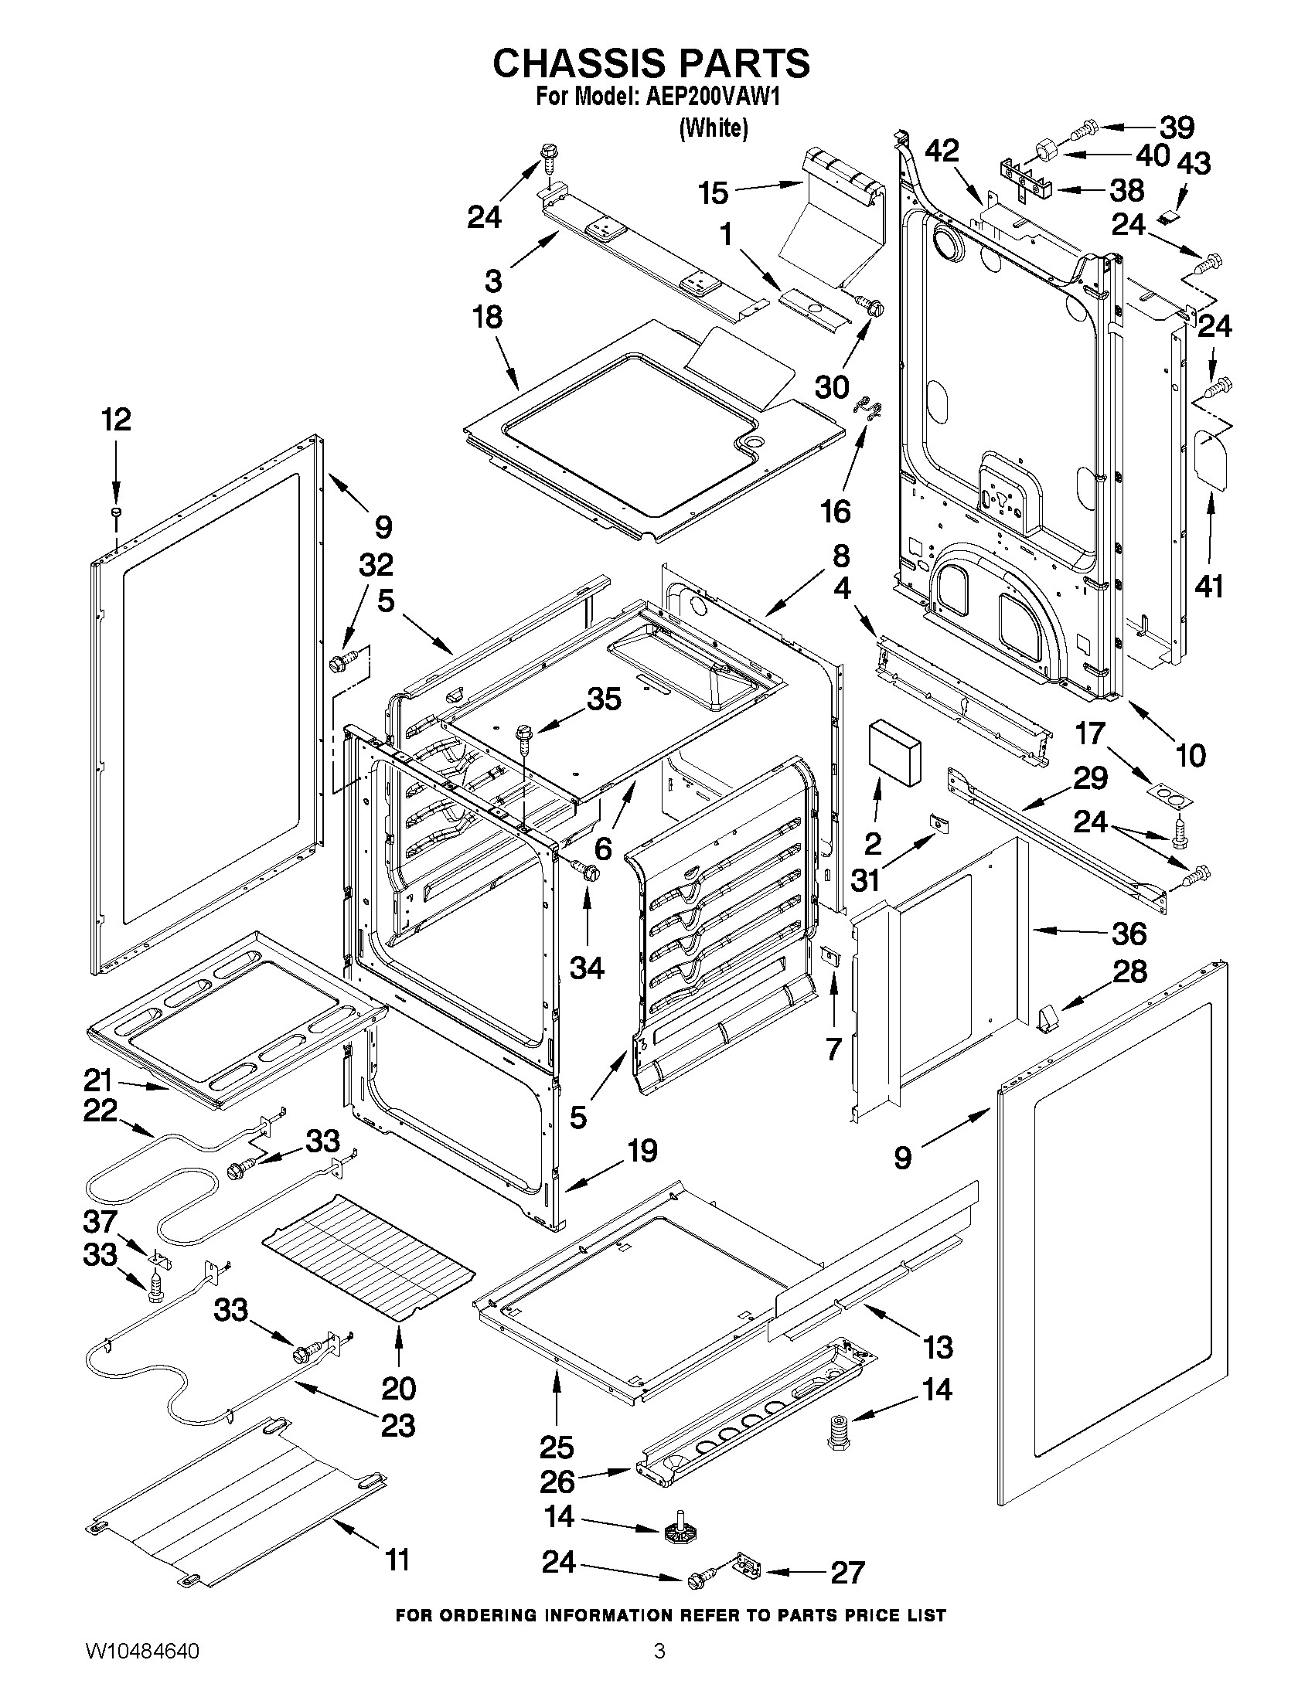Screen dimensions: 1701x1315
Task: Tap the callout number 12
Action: (116, 420)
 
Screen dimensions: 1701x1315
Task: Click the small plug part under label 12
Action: (116, 512)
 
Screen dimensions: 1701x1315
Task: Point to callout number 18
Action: (488, 318)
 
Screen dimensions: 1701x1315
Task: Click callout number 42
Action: (942, 151)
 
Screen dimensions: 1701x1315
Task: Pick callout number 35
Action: (604, 699)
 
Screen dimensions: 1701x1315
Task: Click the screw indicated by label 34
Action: (585, 870)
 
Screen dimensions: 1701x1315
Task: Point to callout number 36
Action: (1129, 933)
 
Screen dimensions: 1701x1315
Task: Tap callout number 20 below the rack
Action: (398, 1388)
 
